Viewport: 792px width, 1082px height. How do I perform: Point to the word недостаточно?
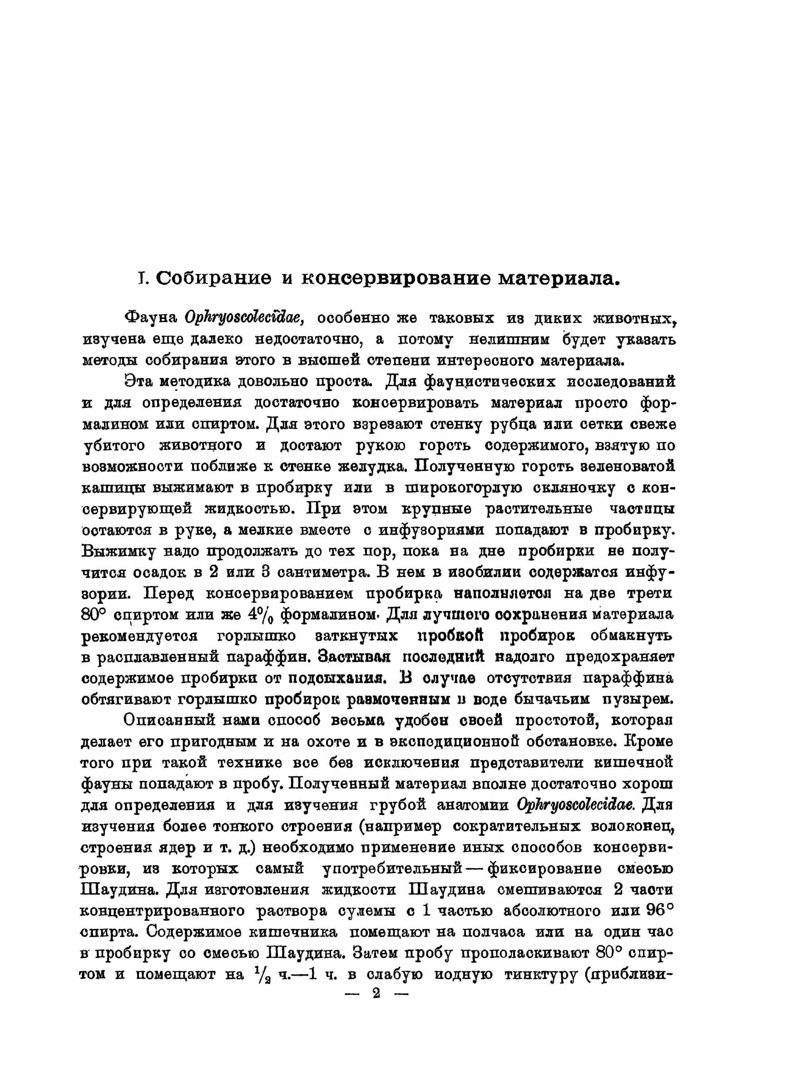(x=309, y=339)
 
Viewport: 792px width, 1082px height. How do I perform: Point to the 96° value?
(x=660, y=911)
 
